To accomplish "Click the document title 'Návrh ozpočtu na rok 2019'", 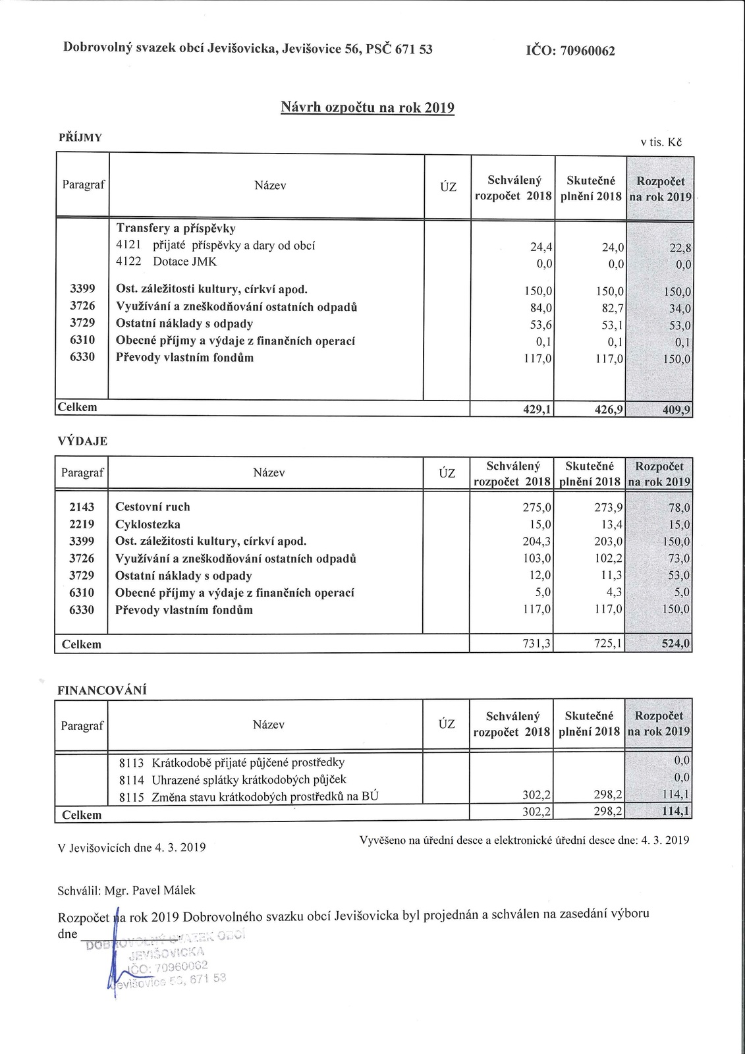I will pyautogui.click(x=368, y=107).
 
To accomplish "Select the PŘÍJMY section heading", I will pyautogui.click(x=80, y=137).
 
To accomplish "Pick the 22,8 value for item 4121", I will pyautogui.click(x=678, y=248).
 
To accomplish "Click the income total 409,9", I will pyautogui.click(x=676, y=410).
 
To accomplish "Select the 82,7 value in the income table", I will pyautogui.click(x=612, y=308).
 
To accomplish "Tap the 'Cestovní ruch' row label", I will pyautogui.click(x=152, y=507).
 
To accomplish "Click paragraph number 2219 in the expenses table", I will pyautogui.click(x=82, y=524).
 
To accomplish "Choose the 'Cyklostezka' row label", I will pyautogui.click(x=148, y=524).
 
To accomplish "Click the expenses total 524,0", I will pyautogui.click(x=676, y=644).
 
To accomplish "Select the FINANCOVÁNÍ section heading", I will pyautogui.click(x=102, y=690).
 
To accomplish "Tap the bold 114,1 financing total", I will pyautogui.click(x=676, y=812).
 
